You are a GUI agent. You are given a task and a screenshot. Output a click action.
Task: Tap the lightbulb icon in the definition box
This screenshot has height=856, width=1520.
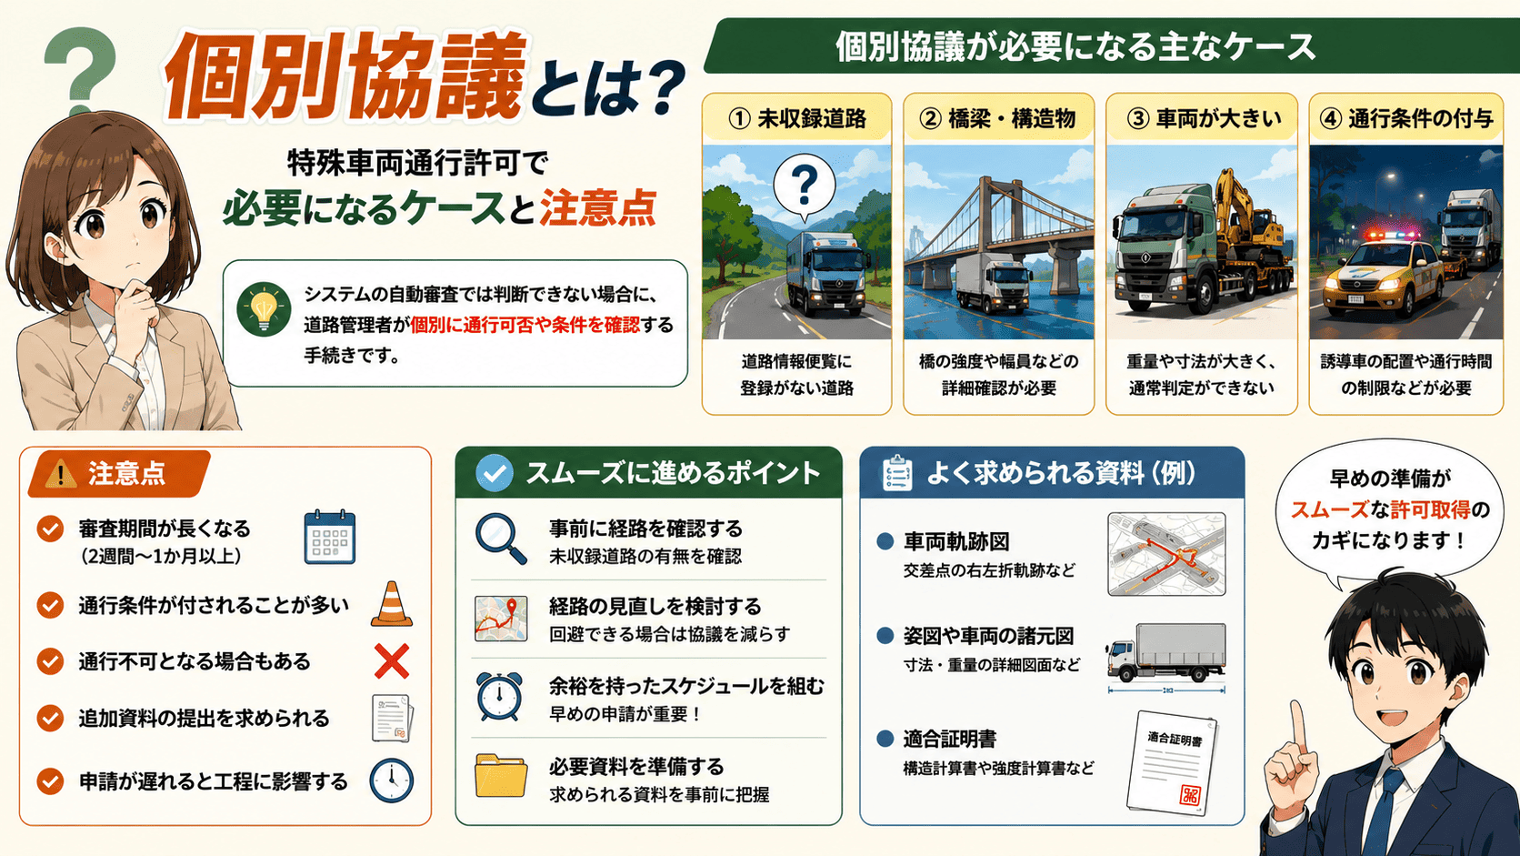264,309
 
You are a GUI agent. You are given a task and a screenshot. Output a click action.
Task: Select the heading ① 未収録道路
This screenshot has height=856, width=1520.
796,119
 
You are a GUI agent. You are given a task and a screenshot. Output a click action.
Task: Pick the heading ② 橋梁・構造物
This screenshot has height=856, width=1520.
997,119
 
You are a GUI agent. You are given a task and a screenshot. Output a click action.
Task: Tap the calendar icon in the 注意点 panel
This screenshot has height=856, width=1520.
330,537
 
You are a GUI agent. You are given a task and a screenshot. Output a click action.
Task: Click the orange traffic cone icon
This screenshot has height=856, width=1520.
392,603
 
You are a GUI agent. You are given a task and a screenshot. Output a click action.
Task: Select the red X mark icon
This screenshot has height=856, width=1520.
392,661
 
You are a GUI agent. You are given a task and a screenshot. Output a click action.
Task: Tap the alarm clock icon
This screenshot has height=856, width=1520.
499,697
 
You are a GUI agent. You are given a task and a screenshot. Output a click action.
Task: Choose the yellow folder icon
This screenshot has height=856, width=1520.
501,774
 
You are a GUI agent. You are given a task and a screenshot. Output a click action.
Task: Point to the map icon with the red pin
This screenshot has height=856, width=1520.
501,619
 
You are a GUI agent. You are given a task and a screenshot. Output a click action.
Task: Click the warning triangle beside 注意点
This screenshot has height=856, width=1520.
60,473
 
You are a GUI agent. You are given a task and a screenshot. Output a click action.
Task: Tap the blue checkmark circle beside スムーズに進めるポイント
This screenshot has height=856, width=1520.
494,472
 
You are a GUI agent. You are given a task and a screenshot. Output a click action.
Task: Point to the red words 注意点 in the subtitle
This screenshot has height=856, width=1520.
598,208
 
